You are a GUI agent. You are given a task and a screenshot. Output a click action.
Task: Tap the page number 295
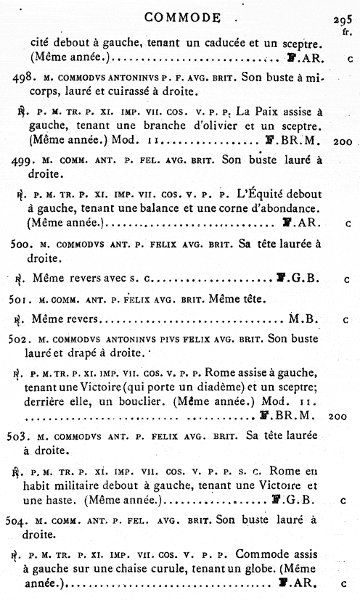pyautogui.click(x=344, y=21)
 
